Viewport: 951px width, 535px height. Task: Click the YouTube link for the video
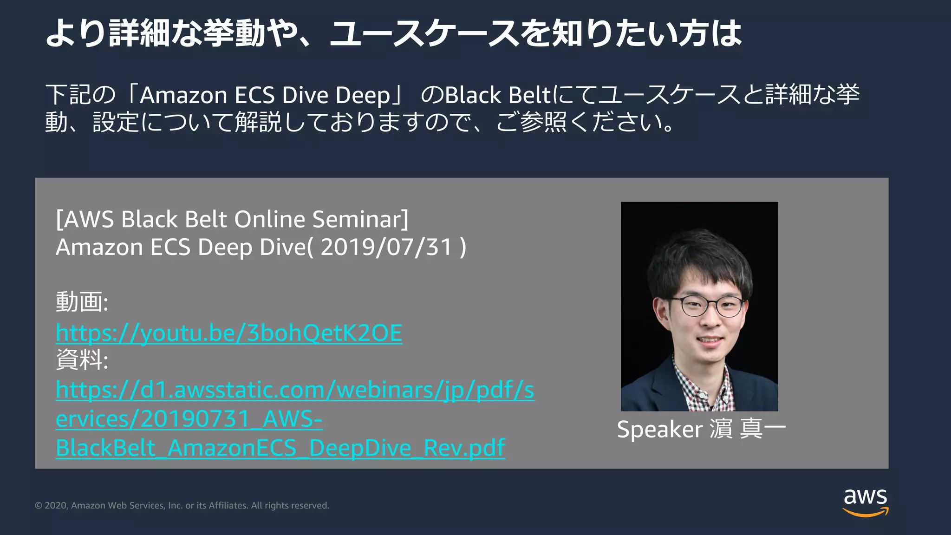[229, 333]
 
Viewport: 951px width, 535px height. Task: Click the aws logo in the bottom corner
[865, 502]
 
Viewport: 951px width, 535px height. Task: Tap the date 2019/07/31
[386, 247]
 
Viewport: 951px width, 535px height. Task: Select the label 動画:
[82, 302]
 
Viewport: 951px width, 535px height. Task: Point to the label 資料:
[82, 360]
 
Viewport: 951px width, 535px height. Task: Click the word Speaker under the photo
[659, 429]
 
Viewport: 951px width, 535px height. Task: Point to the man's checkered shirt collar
[687, 381]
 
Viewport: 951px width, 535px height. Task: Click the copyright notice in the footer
[182, 505]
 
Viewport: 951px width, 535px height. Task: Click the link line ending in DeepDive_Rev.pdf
[280, 448]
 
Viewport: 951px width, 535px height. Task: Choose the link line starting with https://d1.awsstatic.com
[295, 390]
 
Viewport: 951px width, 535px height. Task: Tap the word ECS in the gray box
[170, 247]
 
